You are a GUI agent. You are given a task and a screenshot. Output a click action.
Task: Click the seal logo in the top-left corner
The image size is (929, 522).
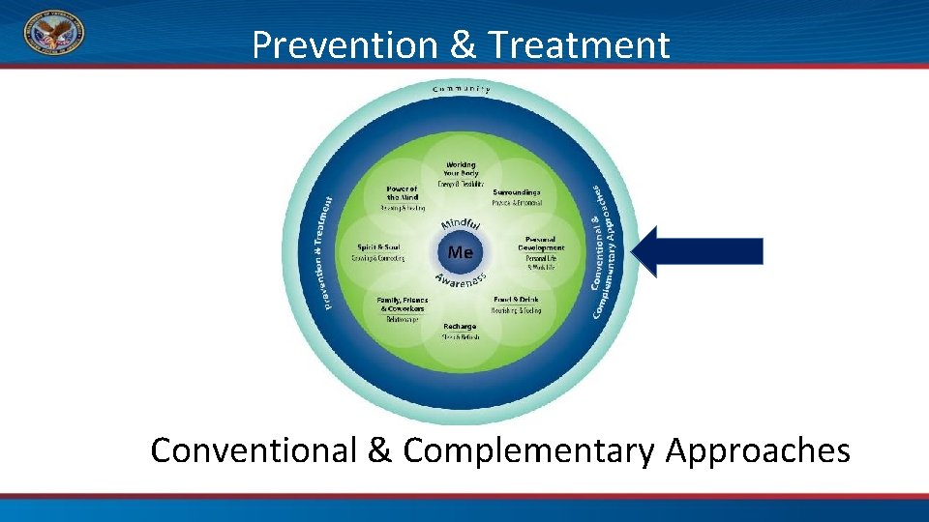53,31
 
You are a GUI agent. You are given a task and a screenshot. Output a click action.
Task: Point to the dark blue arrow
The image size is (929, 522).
698,251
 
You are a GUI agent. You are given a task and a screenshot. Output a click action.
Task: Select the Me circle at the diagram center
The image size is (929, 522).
461,252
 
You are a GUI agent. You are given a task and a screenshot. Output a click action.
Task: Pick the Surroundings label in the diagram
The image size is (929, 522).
517,192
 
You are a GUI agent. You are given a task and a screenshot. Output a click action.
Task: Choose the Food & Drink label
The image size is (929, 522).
517,300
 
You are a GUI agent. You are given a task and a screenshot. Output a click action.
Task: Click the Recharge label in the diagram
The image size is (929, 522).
461,327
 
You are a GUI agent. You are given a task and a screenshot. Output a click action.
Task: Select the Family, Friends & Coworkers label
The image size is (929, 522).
403,304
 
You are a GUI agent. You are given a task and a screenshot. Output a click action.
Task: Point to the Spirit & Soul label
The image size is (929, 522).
378,246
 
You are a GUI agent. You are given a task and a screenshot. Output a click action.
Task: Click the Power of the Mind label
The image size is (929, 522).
402,192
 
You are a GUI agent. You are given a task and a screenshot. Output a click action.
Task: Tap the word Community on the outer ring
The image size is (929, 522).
461,90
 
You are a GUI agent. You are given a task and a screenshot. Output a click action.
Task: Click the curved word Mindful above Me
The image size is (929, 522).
461,224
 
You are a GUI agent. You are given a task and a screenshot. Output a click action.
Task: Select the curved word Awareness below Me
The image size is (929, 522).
460,280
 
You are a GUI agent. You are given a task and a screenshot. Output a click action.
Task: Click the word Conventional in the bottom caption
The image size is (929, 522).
255,450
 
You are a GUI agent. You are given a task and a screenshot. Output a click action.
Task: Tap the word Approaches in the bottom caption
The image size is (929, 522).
758,450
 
